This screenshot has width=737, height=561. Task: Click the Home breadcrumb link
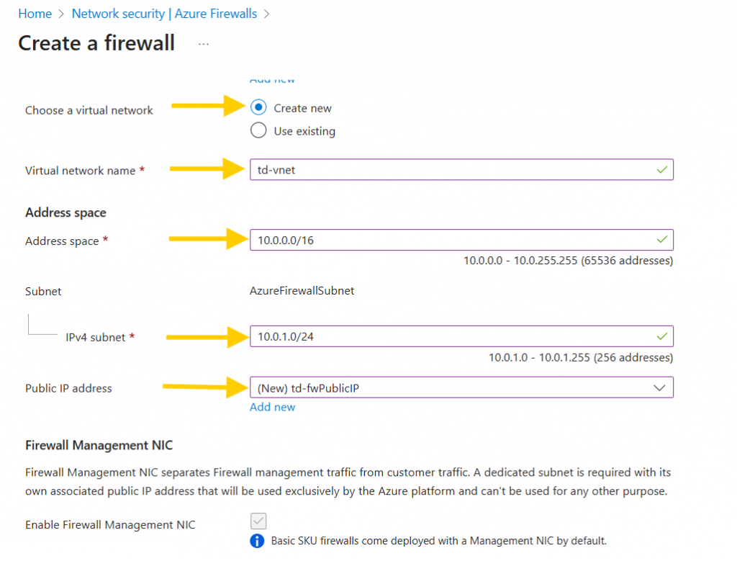tap(35, 14)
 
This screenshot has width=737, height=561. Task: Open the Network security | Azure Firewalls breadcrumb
tap(164, 14)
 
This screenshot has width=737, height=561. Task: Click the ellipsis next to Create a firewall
tap(204, 44)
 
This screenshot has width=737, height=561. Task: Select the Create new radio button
tap(258, 107)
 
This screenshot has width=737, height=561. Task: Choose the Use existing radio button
tap(258, 131)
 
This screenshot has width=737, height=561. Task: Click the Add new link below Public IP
tap(272, 407)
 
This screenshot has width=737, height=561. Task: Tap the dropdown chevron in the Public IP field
tap(659, 388)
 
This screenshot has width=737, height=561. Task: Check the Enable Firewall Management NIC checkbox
tap(258, 521)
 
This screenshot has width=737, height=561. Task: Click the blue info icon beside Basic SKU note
tap(257, 540)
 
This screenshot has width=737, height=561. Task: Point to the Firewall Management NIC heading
tap(99, 445)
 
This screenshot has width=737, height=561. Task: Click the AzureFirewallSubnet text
tap(302, 291)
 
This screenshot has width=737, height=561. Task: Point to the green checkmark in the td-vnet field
tap(661, 170)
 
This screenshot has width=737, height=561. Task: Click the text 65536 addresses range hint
tap(568, 261)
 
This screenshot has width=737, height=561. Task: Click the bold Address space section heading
tap(65, 212)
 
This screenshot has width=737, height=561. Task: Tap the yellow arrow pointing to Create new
tap(209, 106)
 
